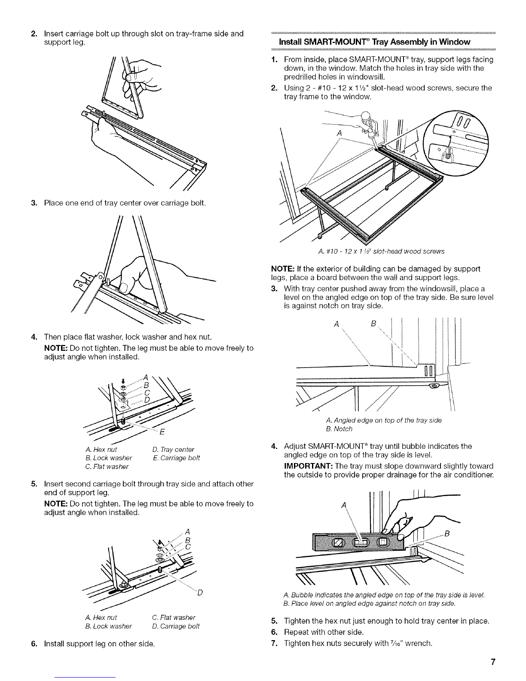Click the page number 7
(x=493, y=662)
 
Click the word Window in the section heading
(x=455, y=42)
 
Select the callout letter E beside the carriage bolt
(x=162, y=432)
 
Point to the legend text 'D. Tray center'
(x=173, y=449)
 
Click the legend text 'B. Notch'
(x=339, y=429)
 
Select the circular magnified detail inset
(x=456, y=143)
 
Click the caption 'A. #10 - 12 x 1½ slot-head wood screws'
(x=381, y=252)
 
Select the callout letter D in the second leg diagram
(x=200, y=592)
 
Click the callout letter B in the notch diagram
(x=373, y=324)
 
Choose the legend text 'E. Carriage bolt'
(x=176, y=458)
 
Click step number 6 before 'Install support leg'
(x=34, y=644)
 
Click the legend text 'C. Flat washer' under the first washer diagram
(x=107, y=466)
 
